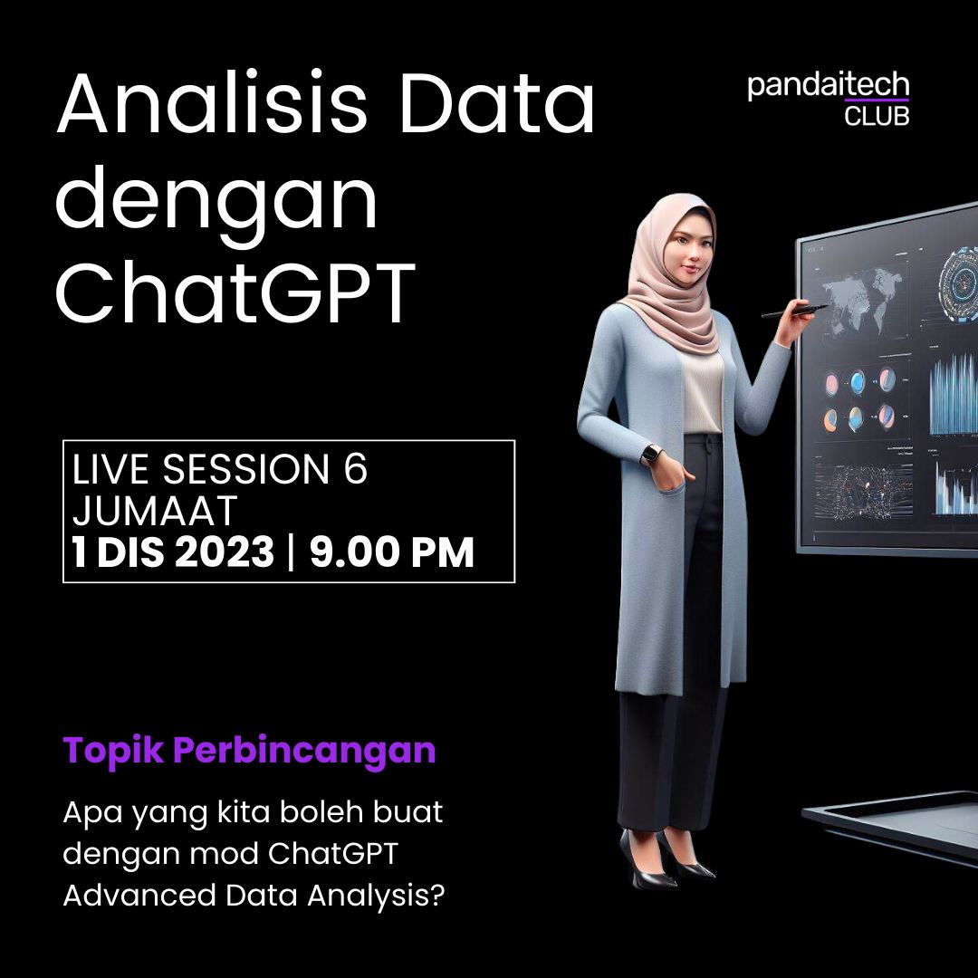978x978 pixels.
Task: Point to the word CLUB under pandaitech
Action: tap(876, 116)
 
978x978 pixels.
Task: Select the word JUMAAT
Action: tap(154, 512)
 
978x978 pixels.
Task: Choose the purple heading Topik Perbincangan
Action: tap(249, 751)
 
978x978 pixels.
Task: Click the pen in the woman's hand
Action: tap(794, 312)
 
